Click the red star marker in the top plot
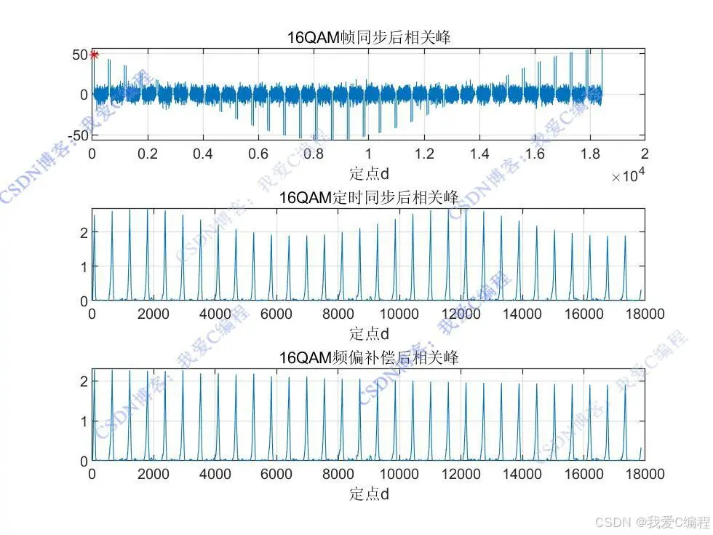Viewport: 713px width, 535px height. click(x=94, y=54)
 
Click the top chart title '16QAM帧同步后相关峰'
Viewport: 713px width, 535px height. click(x=369, y=37)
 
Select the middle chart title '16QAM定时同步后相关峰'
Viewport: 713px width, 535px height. click(x=369, y=197)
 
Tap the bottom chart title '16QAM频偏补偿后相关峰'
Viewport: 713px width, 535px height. click(x=369, y=357)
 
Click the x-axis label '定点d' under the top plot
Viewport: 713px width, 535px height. click(x=369, y=173)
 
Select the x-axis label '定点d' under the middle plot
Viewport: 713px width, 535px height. click(x=369, y=333)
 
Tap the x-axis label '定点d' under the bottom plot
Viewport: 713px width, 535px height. click(x=369, y=494)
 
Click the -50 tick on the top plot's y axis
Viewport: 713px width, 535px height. click(x=78, y=135)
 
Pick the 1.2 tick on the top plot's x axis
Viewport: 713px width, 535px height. click(x=424, y=154)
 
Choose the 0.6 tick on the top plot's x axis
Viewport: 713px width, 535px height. click(x=258, y=154)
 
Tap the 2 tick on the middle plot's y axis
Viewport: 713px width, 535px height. click(x=84, y=232)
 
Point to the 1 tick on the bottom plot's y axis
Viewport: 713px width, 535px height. click(x=84, y=421)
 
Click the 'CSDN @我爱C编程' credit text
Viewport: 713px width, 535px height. click(x=652, y=522)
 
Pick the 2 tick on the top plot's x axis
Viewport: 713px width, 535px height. click(x=645, y=154)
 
